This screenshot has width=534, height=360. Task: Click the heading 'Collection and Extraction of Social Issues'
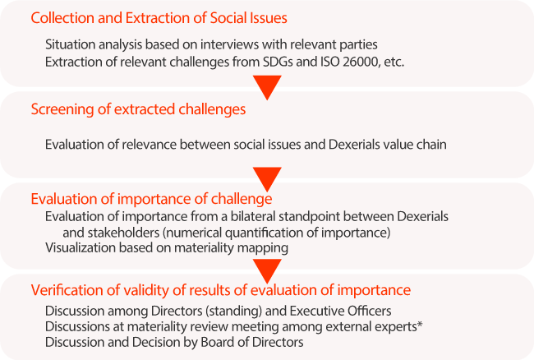point(159,18)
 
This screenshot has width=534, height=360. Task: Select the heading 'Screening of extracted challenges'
point(138,109)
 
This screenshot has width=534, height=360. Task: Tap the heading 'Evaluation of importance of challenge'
point(151,199)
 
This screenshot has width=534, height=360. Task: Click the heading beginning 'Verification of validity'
point(221,290)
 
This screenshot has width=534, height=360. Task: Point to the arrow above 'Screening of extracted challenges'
point(267,87)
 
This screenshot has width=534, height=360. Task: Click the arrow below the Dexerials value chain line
point(267,179)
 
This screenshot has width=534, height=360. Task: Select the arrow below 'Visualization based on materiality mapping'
point(267,271)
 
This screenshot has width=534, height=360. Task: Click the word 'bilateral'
point(253,217)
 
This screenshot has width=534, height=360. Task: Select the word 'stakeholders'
point(123,233)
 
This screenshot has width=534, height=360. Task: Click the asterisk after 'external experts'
point(421,324)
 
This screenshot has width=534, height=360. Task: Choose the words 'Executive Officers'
point(340,311)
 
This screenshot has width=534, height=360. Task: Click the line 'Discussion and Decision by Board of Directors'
point(174,342)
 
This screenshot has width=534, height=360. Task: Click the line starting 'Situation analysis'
point(211,44)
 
